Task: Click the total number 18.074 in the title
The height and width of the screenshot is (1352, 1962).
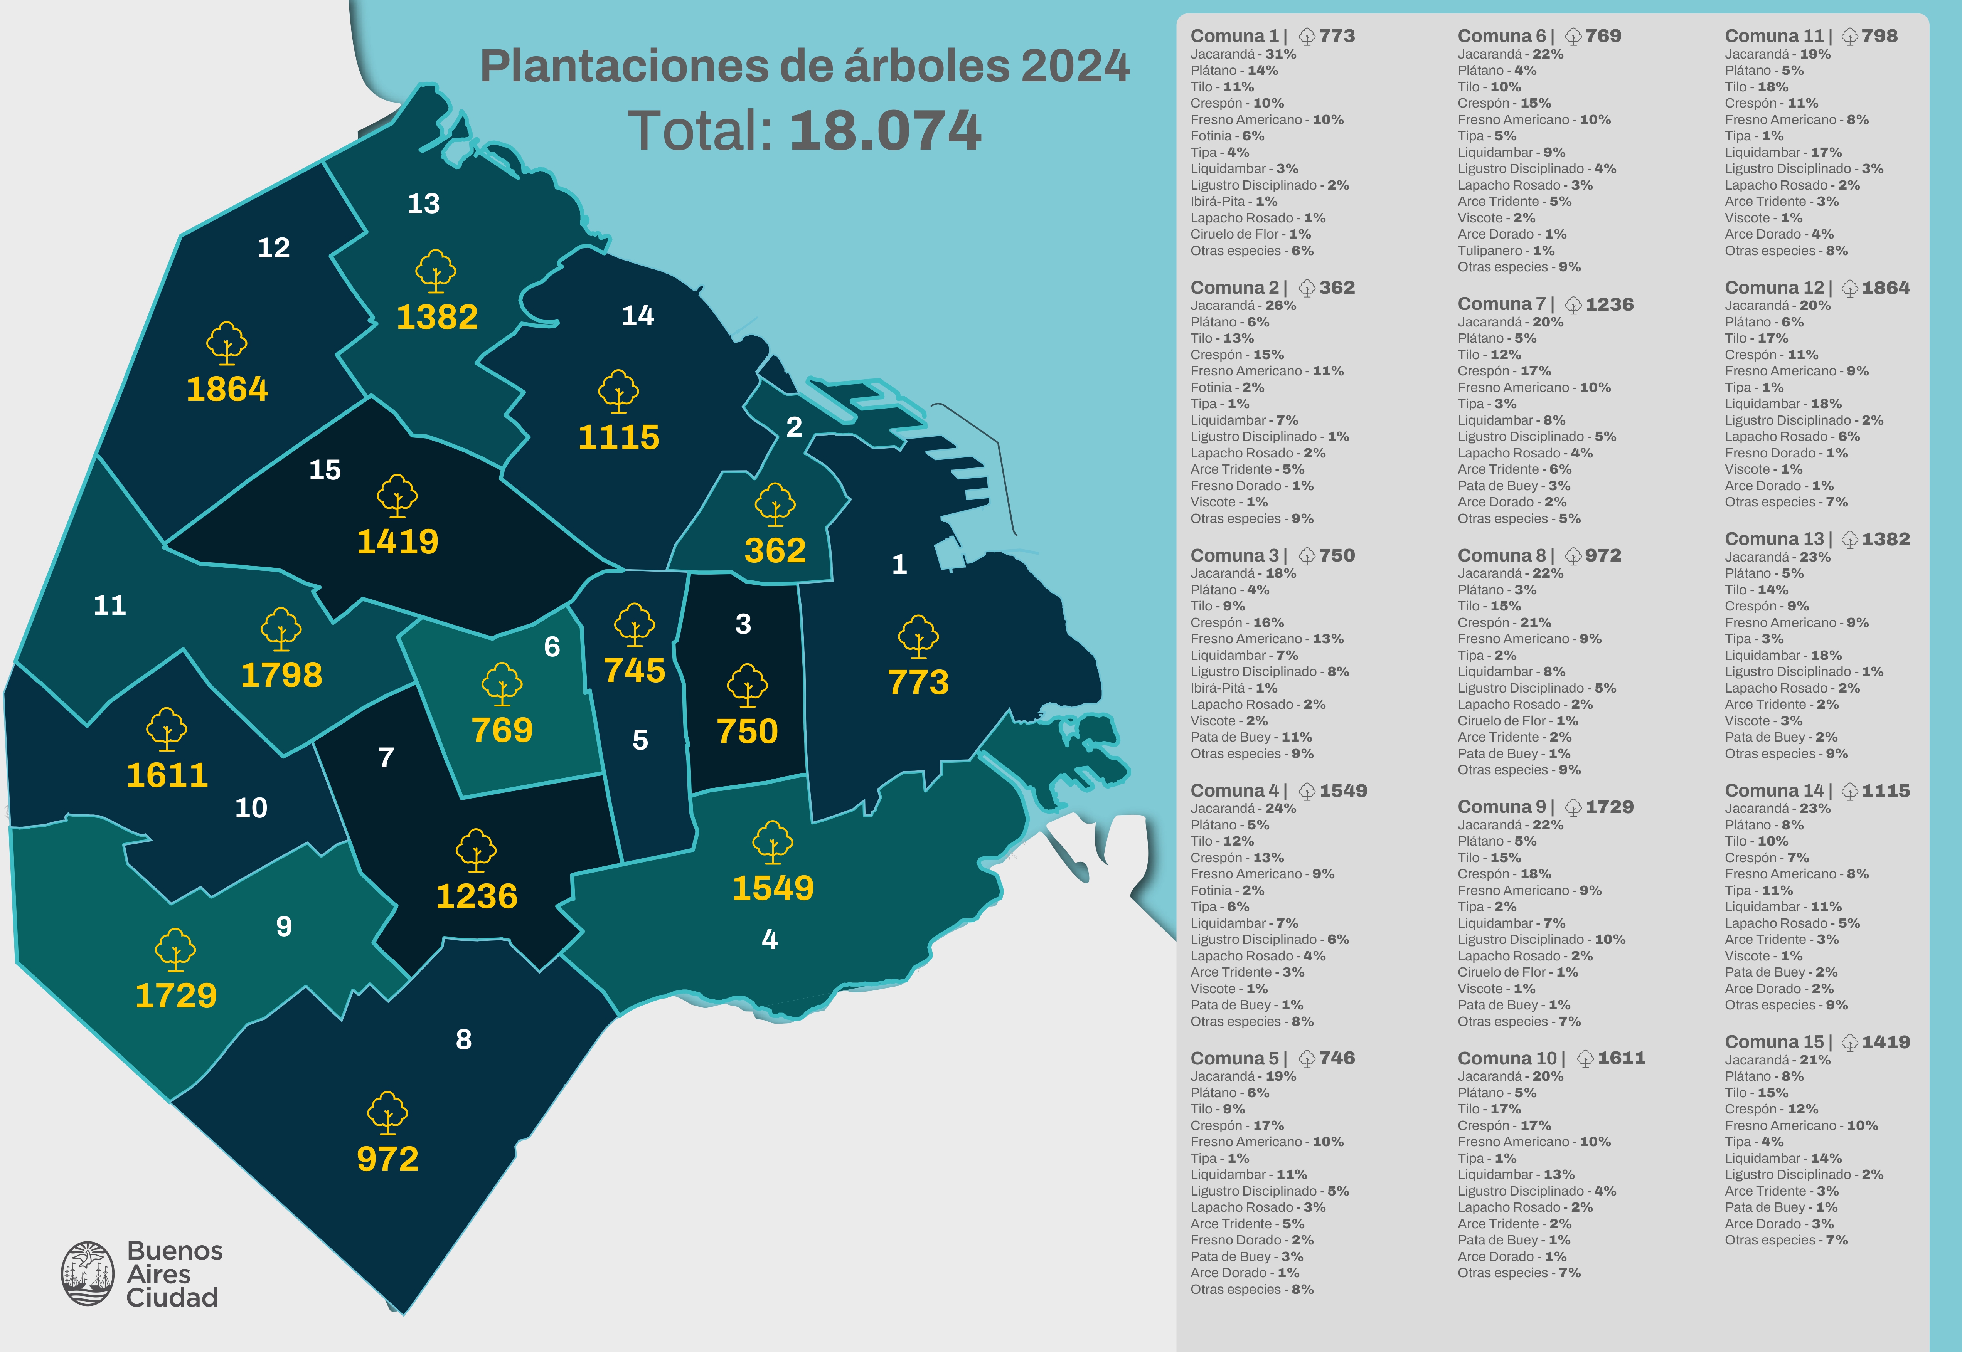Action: [885, 131]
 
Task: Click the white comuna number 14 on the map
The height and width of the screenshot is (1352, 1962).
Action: [638, 316]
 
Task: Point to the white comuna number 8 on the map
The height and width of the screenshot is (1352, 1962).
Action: [463, 1039]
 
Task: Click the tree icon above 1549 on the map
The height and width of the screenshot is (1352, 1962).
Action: [773, 842]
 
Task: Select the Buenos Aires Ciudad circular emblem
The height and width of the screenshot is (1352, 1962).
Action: [87, 1273]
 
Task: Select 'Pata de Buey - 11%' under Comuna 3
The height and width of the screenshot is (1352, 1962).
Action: [1250, 737]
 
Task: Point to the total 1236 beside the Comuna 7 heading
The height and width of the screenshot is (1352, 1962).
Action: [1609, 304]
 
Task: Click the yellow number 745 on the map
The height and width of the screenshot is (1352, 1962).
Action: [635, 671]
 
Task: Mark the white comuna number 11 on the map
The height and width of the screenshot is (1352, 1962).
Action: [109, 605]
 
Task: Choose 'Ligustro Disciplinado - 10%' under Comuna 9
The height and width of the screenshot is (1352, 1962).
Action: [1541, 940]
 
